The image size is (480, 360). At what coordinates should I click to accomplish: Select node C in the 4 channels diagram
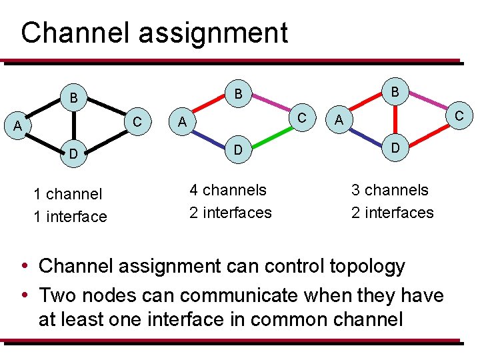pyautogui.click(x=302, y=117)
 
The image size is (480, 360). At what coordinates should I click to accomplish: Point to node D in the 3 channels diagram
pyautogui.click(x=395, y=147)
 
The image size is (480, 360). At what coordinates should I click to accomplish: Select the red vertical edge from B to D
pyautogui.click(x=395, y=119)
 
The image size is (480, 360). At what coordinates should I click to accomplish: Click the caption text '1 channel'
pyautogui.click(x=68, y=194)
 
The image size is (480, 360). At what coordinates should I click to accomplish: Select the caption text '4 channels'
pyautogui.click(x=228, y=190)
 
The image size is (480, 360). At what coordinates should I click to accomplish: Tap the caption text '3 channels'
pyautogui.click(x=390, y=190)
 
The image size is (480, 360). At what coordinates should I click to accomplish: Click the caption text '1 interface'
pyautogui.click(x=70, y=217)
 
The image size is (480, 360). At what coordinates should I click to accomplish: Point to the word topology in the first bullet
pyautogui.click(x=367, y=266)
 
